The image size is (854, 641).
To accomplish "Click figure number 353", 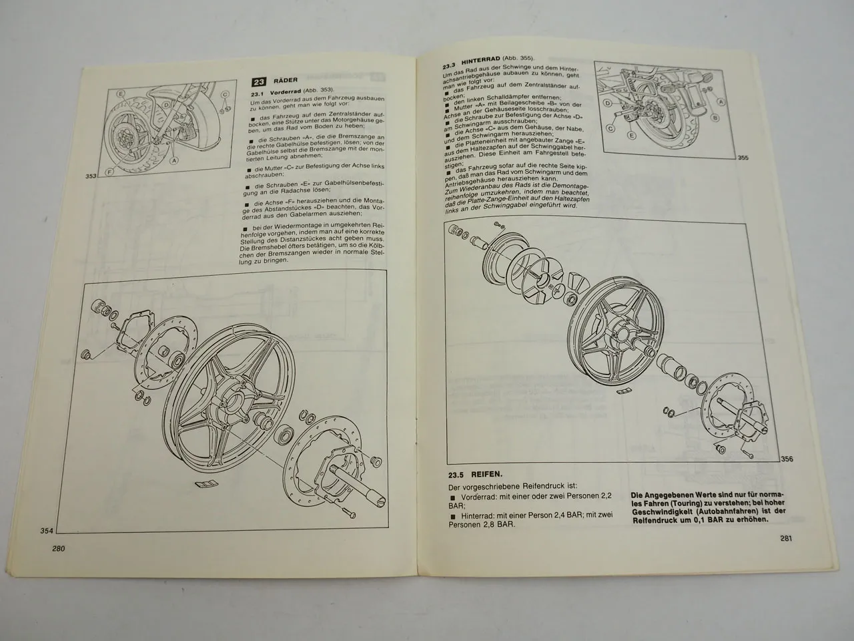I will tap(92, 176).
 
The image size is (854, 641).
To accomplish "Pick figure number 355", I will tap(743, 158).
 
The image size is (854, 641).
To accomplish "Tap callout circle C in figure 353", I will tap(225, 94).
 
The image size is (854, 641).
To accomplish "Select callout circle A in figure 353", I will tap(174, 160).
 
